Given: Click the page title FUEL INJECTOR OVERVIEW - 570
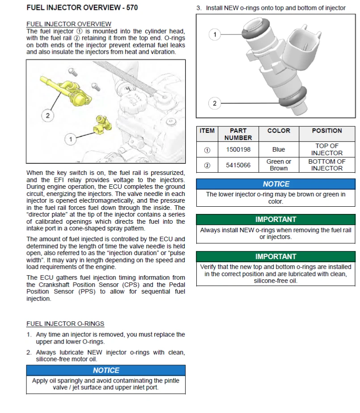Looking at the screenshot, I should pyautogui.click(x=82, y=8).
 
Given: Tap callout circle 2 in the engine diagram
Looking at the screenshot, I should pyautogui.click(x=48, y=115).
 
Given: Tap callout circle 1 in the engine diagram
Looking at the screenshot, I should pyautogui.click(x=70, y=140).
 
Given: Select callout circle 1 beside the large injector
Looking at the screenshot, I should pyautogui.click(x=215, y=34).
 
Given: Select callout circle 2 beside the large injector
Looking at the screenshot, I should pyautogui.click(x=215, y=103).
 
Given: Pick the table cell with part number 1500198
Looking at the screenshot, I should pyautogui.click(x=238, y=149).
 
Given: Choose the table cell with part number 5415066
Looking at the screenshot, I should pyautogui.click(x=238, y=165).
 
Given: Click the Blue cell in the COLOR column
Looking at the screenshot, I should pyautogui.click(x=279, y=149).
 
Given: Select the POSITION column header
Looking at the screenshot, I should pyautogui.click(x=326, y=131).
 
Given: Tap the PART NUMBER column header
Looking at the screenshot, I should pyautogui.click(x=238, y=134).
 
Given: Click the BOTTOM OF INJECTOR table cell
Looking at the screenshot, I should pyautogui.click(x=326, y=165).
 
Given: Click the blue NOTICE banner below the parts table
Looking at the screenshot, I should pyautogui.click(x=275, y=184).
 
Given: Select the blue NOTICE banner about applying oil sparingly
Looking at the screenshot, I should pyautogui.click(x=106, y=370).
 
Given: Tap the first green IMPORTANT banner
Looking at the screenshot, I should pyautogui.click(x=275, y=219).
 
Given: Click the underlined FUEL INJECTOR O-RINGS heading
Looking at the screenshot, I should pyautogui.click(x=65, y=324).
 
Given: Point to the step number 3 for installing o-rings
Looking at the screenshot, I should pyautogui.click(x=199, y=8).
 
